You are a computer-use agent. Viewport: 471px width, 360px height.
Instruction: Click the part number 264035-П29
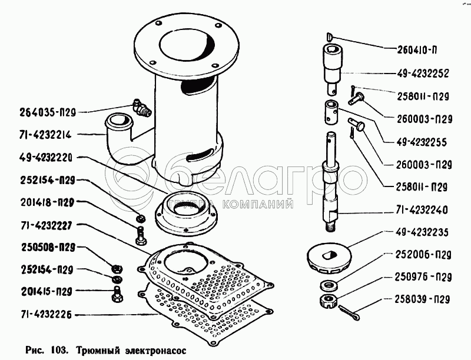point(48,112)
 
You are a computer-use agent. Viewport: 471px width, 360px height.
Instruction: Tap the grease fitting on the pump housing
point(142,108)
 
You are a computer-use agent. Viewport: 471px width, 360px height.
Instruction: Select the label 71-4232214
point(46,135)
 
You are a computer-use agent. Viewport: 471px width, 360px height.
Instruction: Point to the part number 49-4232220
point(47,158)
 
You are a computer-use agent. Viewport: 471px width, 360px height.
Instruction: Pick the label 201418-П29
point(47,203)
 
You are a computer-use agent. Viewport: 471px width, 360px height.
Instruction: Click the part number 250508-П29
point(48,248)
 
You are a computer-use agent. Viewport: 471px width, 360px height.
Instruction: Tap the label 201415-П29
point(47,291)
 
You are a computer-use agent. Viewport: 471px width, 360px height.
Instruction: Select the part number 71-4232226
point(47,315)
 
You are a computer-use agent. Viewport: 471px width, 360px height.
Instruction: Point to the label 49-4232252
point(423,74)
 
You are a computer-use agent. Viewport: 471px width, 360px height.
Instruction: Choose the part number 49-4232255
point(422,142)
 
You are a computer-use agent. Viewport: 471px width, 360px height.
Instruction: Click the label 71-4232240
point(422,209)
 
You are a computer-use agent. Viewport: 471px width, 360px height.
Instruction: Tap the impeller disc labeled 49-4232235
point(329,258)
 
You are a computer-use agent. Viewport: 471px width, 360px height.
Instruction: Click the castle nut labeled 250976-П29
point(328,301)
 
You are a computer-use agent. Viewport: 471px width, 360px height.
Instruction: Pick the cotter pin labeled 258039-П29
point(350,312)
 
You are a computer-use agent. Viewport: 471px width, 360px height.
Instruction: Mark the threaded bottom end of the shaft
point(331,227)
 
